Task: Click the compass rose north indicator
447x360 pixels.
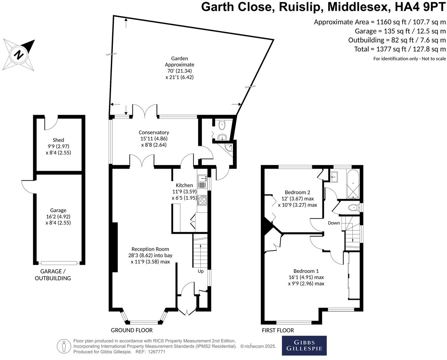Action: pos(19,55)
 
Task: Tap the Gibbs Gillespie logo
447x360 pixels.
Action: pos(304,346)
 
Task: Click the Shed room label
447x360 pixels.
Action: pos(58,140)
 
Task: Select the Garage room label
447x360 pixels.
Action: pos(58,210)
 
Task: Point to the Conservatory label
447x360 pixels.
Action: pos(154,132)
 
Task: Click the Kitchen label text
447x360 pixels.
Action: pos(184,185)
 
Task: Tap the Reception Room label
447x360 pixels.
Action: pos(150,249)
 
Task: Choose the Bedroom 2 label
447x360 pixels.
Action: pos(297,192)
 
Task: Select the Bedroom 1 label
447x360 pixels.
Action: pos(306,271)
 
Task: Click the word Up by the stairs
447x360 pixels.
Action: pos(200,271)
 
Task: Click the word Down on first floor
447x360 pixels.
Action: pos(334,223)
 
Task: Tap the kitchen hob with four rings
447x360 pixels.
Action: pos(202,200)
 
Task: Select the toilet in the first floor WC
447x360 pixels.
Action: pos(353,208)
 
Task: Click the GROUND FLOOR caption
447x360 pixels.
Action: pos(131,330)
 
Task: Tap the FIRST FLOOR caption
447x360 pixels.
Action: pos(278,330)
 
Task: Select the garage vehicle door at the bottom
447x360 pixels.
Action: pos(59,263)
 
